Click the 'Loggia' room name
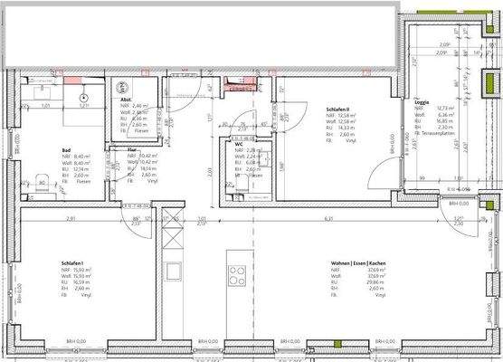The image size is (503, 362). click(421, 103)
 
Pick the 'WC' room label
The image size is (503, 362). click(239, 144)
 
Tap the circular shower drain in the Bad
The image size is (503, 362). click(83, 96)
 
